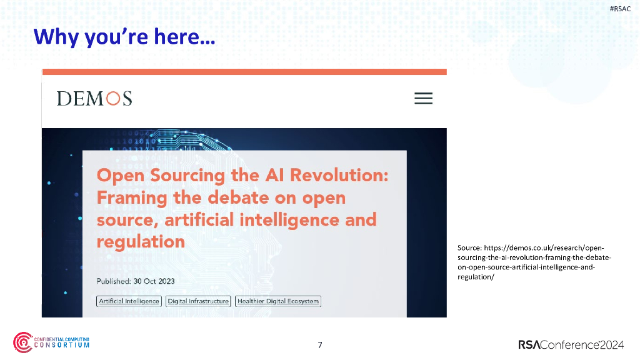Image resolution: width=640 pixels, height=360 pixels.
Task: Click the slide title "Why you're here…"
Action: pyautogui.click(x=124, y=37)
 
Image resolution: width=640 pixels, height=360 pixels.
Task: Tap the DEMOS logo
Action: pyautogui.click(x=94, y=99)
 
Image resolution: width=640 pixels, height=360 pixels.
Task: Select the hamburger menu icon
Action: pyautogui.click(x=423, y=99)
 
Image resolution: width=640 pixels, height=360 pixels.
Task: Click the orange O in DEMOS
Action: pyautogui.click(x=112, y=99)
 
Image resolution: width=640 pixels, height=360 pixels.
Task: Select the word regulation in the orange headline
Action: pyautogui.click(x=141, y=242)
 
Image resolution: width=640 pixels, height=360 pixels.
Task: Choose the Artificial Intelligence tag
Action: pyautogui.click(x=129, y=301)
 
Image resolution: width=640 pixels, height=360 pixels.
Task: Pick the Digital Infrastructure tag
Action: pyautogui.click(x=198, y=301)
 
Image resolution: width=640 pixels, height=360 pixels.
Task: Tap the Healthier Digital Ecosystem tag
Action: pyautogui.click(x=278, y=301)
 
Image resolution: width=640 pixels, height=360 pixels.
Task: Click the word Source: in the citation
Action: pyautogui.click(x=469, y=248)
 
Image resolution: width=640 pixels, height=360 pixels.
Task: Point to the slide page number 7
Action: pyautogui.click(x=320, y=345)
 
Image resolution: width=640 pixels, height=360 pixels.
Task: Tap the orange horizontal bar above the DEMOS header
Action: pyautogui.click(x=244, y=72)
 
